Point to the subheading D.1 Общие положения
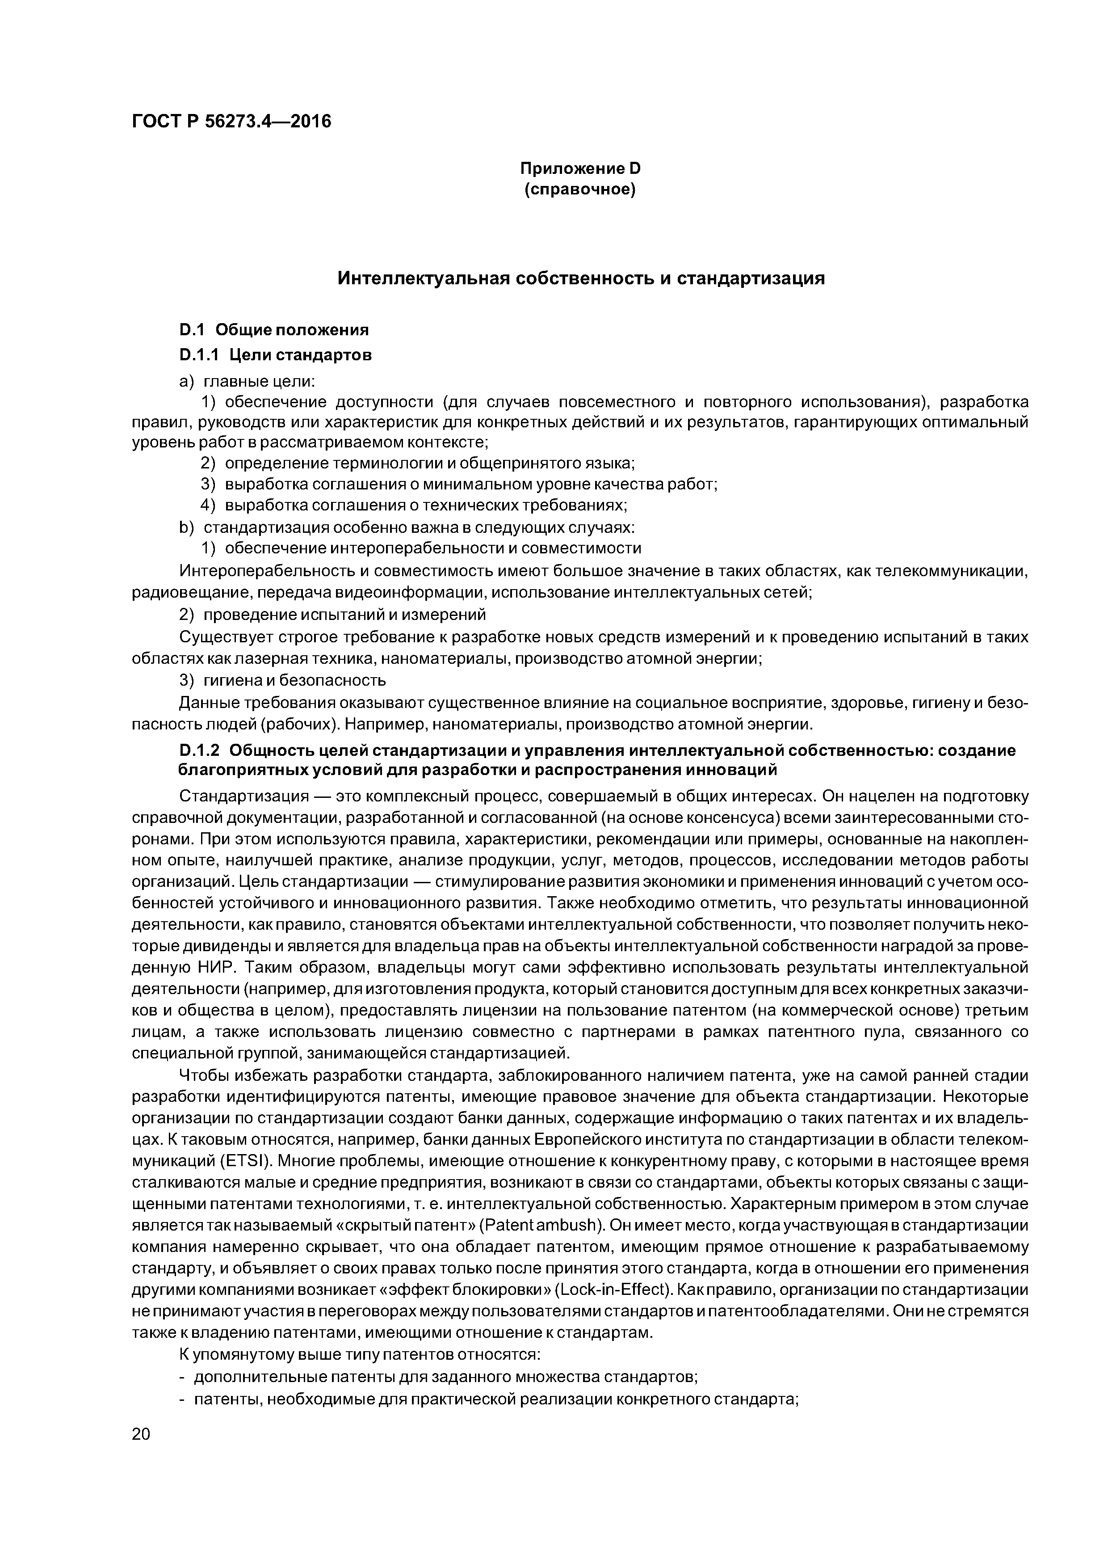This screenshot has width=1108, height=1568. tap(273, 330)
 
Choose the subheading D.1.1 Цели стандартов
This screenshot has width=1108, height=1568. tap(275, 354)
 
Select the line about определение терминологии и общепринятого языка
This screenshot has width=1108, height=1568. tap(418, 463)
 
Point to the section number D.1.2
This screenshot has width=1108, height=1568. tap(199, 750)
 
